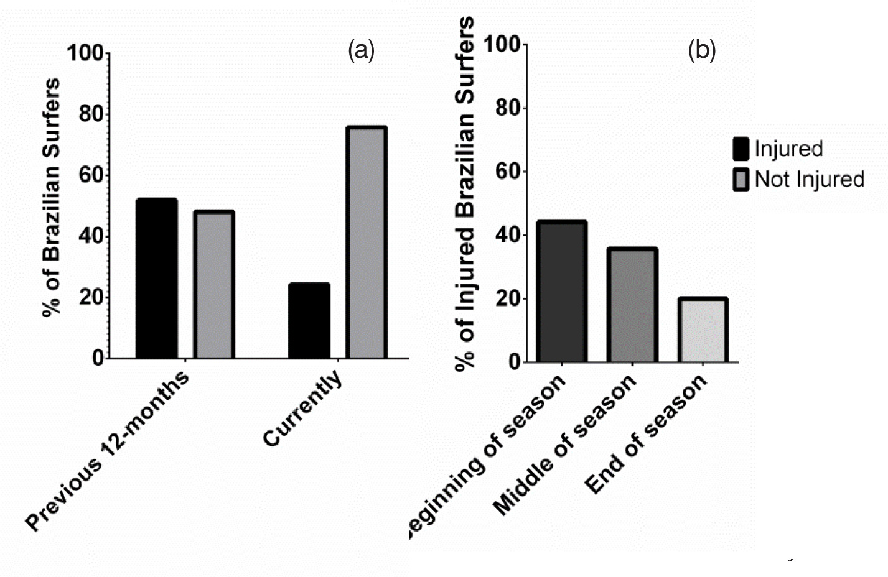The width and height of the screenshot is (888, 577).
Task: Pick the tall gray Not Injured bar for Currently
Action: (x=367, y=242)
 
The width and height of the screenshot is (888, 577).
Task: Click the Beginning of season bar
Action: (x=563, y=292)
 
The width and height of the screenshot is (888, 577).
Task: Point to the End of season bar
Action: (x=703, y=330)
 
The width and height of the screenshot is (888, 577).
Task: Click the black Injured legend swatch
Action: (x=741, y=149)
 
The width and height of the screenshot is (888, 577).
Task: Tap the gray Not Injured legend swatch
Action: (x=741, y=179)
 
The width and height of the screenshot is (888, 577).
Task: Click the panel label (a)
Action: (x=361, y=50)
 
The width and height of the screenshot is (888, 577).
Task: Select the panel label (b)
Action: (x=701, y=50)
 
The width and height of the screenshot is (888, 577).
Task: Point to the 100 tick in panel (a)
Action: (x=85, y=53)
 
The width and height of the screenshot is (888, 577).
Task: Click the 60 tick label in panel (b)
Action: (x=508, y=172)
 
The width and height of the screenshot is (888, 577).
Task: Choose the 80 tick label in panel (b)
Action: (x=508, y=108)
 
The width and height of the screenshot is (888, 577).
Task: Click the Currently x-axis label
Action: (x=303, y=408)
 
